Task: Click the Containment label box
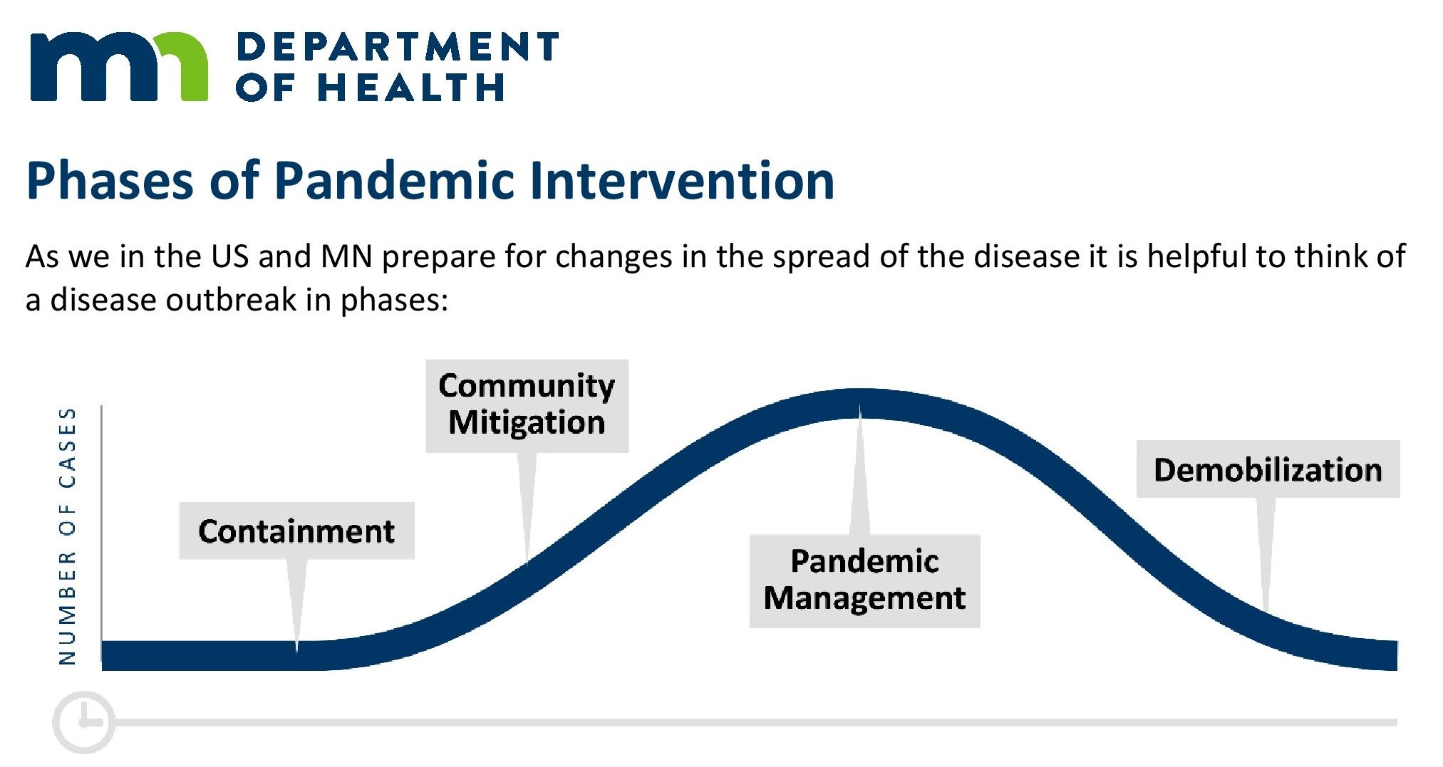(296, 531)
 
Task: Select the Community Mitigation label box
(527, 406)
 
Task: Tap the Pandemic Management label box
(864, 581)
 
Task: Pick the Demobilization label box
(1268, 469)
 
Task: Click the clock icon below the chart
(83, 721)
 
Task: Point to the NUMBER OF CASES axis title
(67, 536)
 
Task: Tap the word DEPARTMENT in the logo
(397, 46)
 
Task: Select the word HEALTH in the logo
(410, 87)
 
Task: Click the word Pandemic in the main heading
(394, 180)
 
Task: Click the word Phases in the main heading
(110, 180)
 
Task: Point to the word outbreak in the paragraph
(231, 299)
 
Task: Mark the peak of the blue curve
(860, 403)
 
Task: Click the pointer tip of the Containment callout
(296, 651)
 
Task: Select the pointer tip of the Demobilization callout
(1266, 611)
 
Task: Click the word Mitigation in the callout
(527, 422)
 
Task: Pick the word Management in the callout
(864, 598)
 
